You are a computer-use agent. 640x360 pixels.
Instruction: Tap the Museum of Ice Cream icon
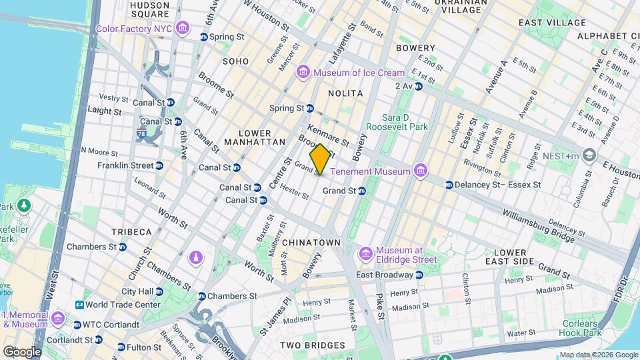coord(304,73)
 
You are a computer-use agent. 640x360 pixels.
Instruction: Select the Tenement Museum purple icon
coord(420,171)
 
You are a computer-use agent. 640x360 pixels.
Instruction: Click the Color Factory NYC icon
coord(183,29)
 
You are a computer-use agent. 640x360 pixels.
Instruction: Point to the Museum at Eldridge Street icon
coord(365,253)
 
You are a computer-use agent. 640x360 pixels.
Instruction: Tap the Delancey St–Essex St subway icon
coord(449,185)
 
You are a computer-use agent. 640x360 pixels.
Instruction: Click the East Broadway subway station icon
coord(419,275)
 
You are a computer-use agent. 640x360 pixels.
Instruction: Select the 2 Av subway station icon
coord(419,86)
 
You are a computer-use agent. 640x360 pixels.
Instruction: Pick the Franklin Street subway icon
coord(159,165)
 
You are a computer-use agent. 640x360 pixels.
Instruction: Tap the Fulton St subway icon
coord(121,347)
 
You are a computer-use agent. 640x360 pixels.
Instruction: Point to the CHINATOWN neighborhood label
coord(311,243)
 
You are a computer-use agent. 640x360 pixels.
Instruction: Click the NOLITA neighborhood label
coord(345,93)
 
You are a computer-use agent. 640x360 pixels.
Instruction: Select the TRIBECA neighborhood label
coord(131,231)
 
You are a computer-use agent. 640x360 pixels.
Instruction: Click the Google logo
coord(22,351)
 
